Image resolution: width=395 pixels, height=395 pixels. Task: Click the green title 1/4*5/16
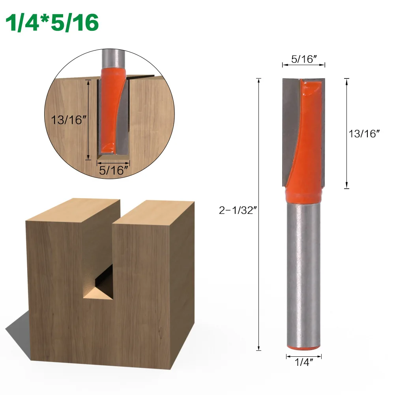pos(52,23)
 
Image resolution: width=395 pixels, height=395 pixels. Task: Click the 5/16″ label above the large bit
pos(304,59)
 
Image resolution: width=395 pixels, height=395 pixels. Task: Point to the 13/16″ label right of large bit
pos(364,133)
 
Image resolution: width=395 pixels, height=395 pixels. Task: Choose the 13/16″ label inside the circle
pos(68,120)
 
